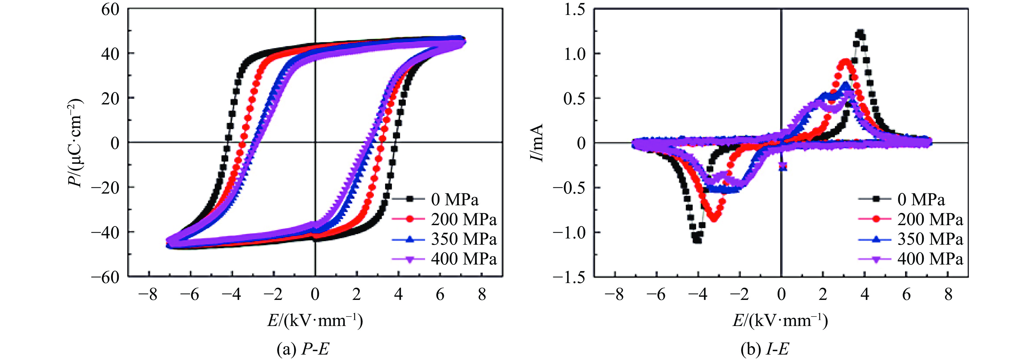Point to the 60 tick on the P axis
click(110, 9)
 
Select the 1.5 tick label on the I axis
click(574, 9)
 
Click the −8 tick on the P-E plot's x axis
click(148, 294)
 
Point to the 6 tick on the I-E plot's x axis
click(906, 294)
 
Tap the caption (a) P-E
click(303, 349)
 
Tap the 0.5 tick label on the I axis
click(574, 98)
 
